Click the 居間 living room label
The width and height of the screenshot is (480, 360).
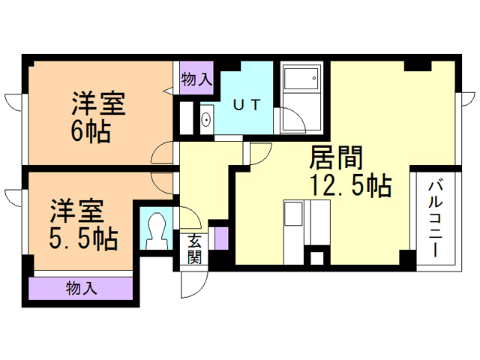tap(335, 157)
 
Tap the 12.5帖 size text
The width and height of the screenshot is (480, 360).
tap(351, 184)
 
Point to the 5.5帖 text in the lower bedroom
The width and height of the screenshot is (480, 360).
tap(83, 238)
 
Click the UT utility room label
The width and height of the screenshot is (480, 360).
tap(247, 105)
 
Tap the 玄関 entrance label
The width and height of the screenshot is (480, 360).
tap(194, 249)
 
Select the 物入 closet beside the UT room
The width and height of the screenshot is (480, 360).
tap(196, 78)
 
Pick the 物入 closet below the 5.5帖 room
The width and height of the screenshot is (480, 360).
tap(81, 288)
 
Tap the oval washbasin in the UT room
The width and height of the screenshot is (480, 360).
tap(207, 120)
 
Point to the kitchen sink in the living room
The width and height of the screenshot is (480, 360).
tap(293, 213)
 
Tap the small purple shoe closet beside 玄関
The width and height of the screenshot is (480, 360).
tap(221, 238)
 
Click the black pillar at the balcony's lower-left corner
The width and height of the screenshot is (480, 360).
tap(408, 259)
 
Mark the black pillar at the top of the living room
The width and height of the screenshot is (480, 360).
tap(418, 65)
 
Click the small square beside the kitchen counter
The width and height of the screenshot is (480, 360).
tap(316, 258)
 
